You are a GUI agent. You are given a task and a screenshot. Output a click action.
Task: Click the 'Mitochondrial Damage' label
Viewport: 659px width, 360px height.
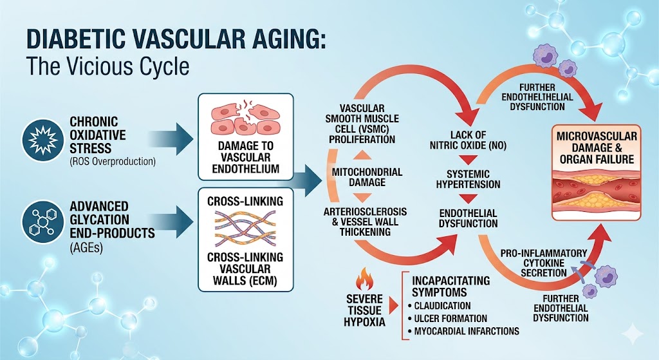tap(367, 177)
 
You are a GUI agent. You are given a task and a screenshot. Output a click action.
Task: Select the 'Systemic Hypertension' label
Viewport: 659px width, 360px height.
tap(468, 180)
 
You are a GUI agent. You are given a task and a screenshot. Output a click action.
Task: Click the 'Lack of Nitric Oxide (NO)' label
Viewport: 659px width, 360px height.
tap(468, 139)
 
